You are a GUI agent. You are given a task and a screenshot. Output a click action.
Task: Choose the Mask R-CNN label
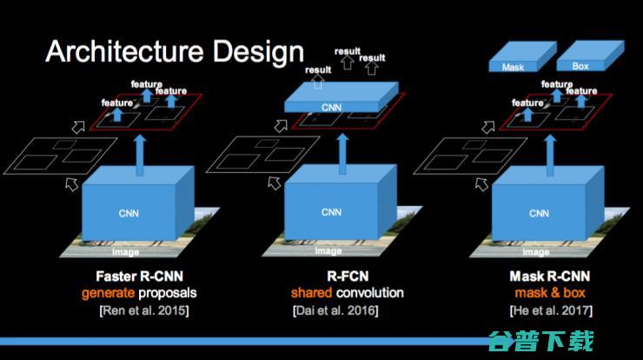pos(540,278)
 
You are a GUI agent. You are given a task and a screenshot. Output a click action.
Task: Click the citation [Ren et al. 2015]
pos(139,309)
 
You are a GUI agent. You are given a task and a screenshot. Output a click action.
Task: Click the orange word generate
pos(108,293)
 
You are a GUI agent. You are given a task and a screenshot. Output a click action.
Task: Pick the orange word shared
pos(308,293)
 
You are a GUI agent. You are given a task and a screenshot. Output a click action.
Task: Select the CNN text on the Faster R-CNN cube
pos(128,210)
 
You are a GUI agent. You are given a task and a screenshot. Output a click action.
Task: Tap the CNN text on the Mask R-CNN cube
pos(539,212)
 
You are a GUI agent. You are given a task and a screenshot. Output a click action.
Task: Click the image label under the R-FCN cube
pos(328,251)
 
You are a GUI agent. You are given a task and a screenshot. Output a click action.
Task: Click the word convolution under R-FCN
pos(371,293)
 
